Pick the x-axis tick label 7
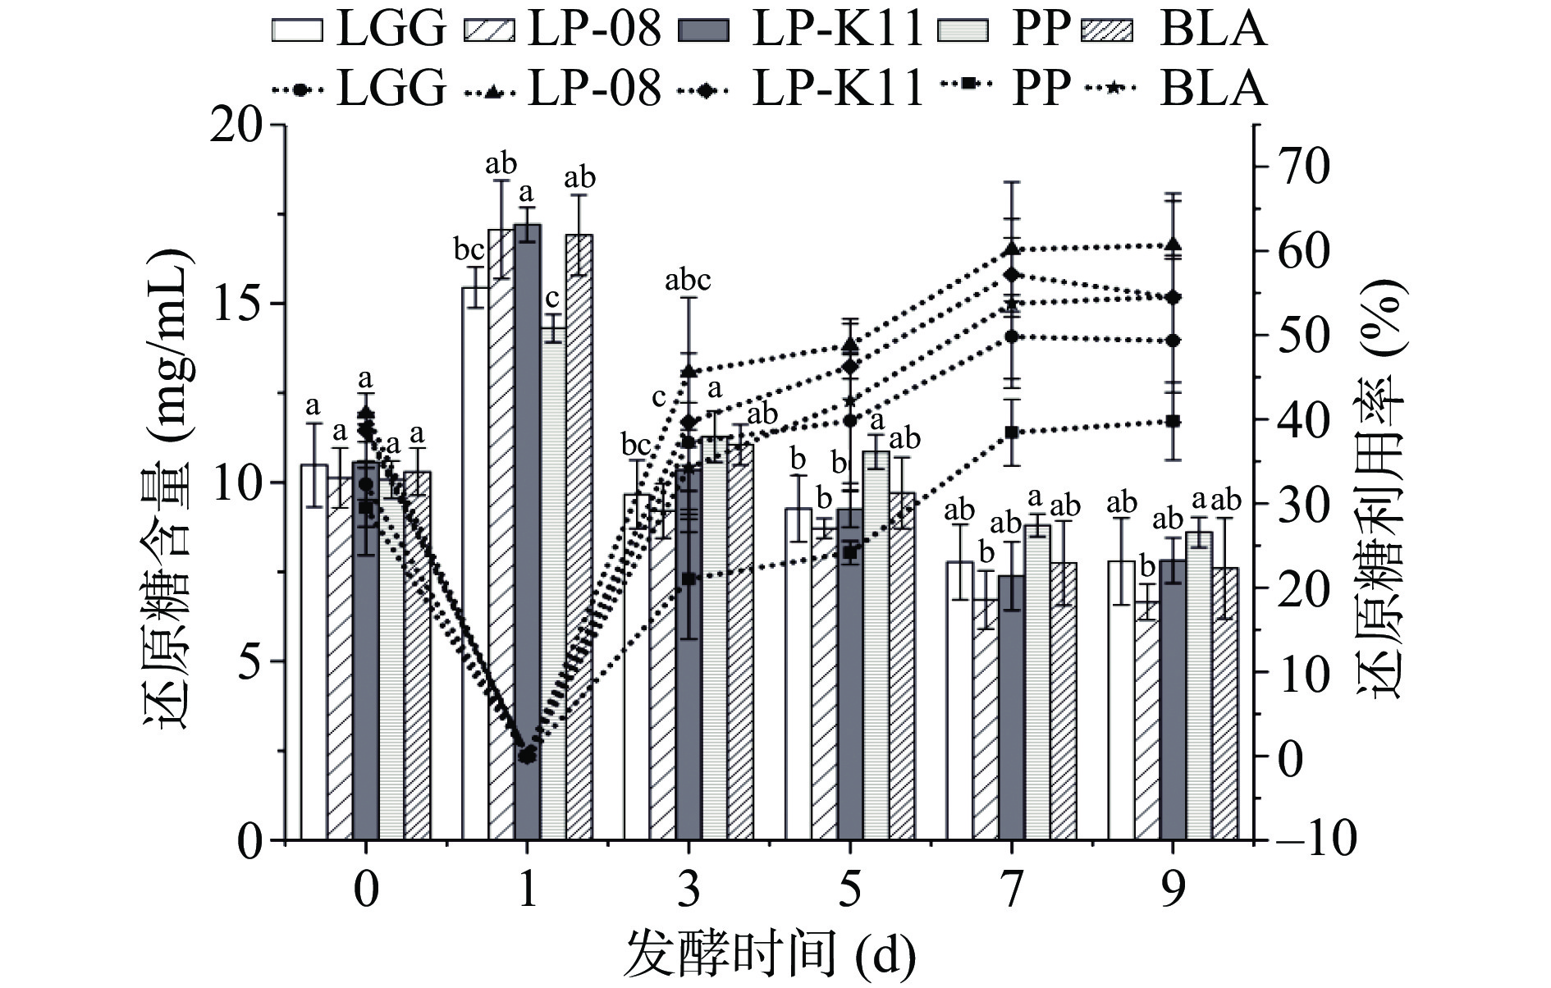pos(1012,889)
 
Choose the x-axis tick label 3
pos(689,889)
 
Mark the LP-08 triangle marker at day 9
pos(1173,245)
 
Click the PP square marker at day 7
pos(1012,432)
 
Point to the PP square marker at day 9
pos(1173,421)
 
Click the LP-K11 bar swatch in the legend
pos(704,30)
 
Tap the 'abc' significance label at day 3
pos(688,281)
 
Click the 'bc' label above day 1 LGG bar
pos(471,249)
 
